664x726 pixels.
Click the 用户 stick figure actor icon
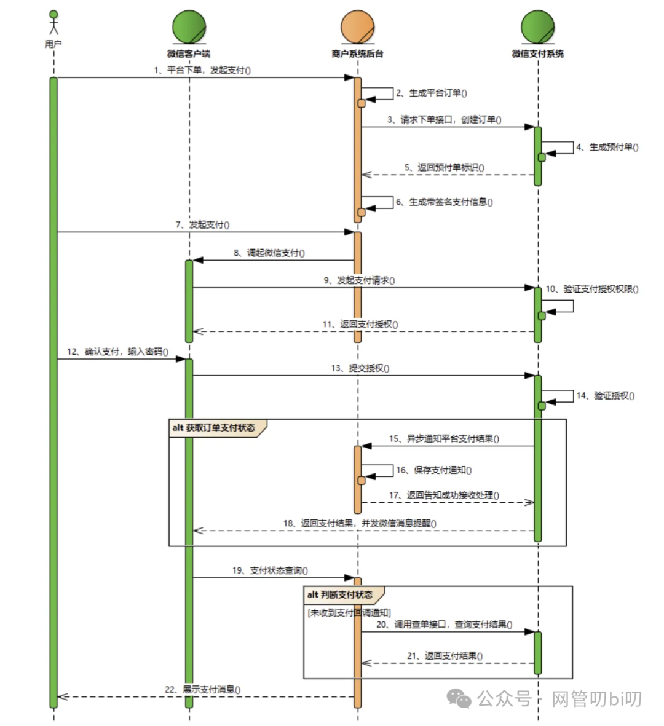(53, 23)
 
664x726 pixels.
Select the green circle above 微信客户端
(189, 27)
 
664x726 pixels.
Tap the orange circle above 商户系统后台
(357, 27)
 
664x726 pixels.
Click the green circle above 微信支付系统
(537, 27)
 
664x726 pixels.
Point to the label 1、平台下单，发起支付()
(202, 70)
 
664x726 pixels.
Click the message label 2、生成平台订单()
(431, 93)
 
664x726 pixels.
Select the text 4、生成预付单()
(607, 148)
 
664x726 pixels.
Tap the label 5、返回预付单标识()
(444, 167)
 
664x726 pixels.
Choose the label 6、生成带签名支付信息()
(444, 202)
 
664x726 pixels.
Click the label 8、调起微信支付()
(269, 253)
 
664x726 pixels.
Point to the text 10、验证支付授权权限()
(591, 289)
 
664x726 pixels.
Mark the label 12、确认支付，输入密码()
(117, 352)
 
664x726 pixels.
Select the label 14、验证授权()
(606, 396)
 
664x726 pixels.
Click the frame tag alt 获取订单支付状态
(214, 428)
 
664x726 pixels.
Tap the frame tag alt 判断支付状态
(340, 595)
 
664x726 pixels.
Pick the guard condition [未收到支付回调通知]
(349, 612)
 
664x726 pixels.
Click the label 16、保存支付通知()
(433, 470)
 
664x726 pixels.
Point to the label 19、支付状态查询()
(270, 570)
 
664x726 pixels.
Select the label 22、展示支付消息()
(202, 690)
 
